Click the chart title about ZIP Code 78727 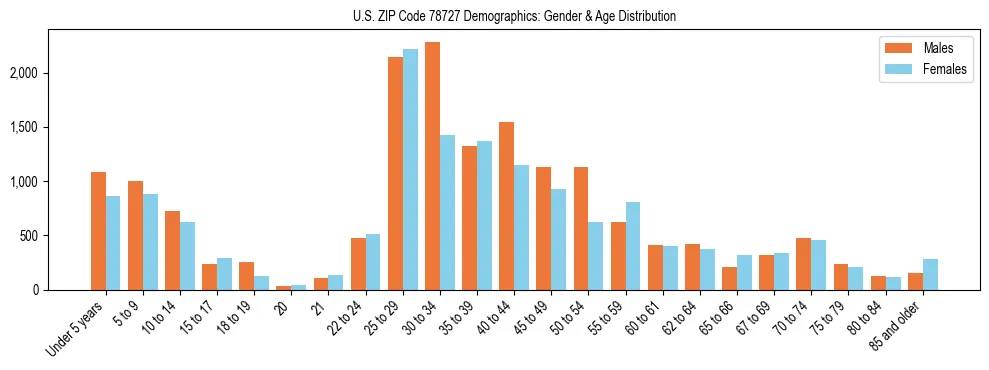(x=514, y=16)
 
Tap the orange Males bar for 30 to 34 (x=432, y=166)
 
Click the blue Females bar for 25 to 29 (x=410, y=170)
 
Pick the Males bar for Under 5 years (x=98, y=231)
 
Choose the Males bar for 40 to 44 (x=506, y=206)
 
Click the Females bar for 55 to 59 (x=632, y=246)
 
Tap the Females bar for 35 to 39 (x=484, y=216)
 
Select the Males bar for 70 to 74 (x=803, y=264)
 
